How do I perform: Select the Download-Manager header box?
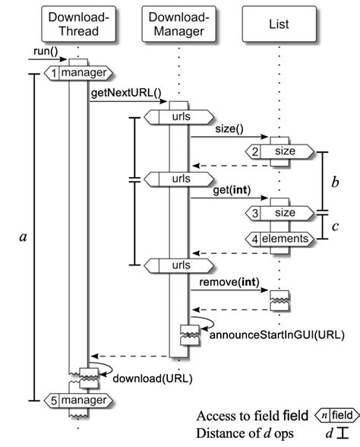(178, 24)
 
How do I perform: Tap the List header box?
(279, 24)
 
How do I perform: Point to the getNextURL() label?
(126, 94)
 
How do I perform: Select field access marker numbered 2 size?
(279, 151)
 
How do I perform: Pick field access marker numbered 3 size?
(279, 212)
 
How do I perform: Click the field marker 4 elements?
(279, 239)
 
